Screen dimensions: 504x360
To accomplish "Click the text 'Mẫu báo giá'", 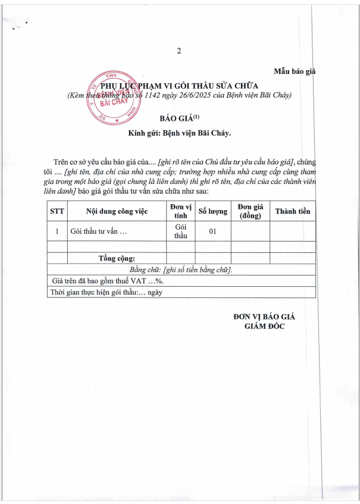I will [x=293, y=71].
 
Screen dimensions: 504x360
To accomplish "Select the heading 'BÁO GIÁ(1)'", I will [x=180, y=118].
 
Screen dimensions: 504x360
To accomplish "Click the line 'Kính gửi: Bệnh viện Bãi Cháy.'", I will [x=179, y=133].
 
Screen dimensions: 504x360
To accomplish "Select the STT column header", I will [x=57, y=211].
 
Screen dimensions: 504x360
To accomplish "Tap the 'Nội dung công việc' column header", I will [x=117, y=211].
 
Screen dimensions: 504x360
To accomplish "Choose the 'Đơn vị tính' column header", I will [x=180, y=211].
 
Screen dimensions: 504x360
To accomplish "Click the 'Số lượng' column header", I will [x=212, y=211].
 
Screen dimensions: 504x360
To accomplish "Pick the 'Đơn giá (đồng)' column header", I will [x=250, y=211].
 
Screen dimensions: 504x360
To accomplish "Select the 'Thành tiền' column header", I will [x=292, y=211].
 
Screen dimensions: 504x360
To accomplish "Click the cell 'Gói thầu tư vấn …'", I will [x=99, y=231].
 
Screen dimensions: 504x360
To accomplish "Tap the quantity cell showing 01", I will [x=212, y=231].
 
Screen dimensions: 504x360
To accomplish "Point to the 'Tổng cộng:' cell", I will [x=117, y=258].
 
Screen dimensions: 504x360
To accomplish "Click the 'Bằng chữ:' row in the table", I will [x=181, y=270].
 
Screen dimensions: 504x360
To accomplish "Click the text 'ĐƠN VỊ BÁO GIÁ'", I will [x=264, y=317].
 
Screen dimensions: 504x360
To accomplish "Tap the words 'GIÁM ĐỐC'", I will [x=264, y=326].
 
